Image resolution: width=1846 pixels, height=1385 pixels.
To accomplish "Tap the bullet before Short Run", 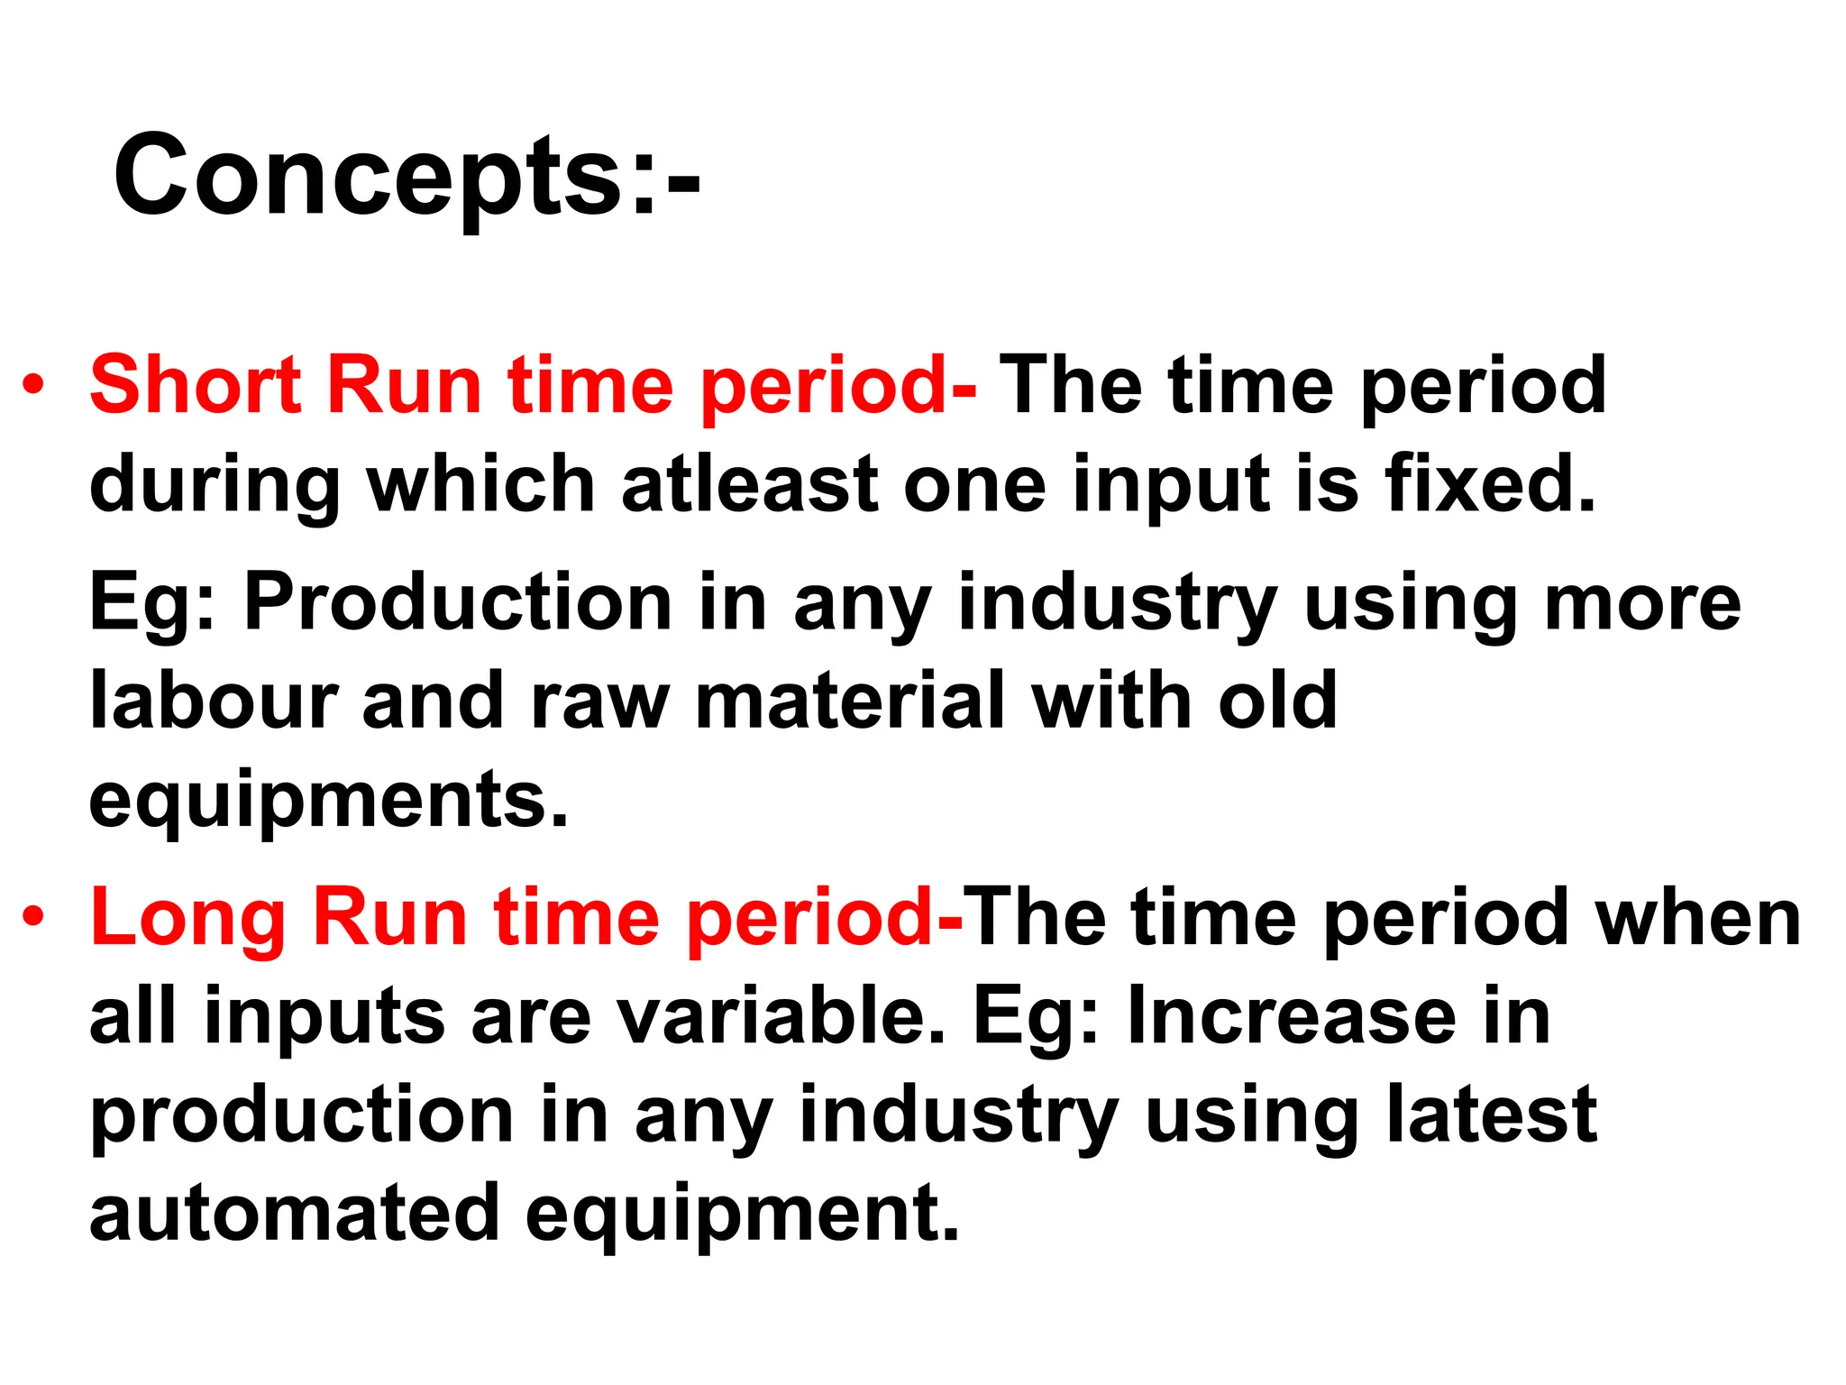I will (x=33, y=386).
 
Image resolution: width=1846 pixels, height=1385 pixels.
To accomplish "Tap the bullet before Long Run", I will (x=33, y=918).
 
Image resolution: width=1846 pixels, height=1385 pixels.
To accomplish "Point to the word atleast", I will (x=749, y=485).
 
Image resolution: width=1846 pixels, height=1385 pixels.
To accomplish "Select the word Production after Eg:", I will (x=458, y=602).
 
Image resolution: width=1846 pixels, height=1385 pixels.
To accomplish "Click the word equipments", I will (x=329, y=801).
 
